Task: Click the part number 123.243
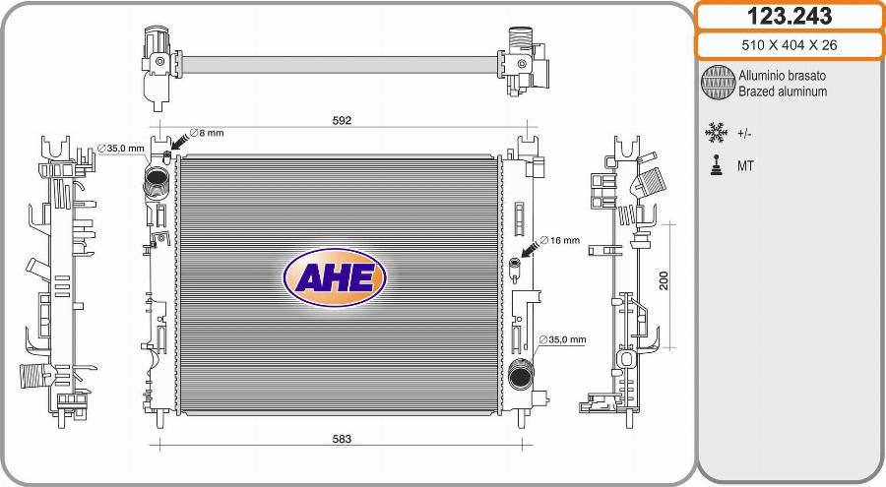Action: [x=790, y=16]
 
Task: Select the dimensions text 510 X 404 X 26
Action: [x=790, y=44]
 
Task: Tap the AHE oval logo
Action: [x=335, y=276]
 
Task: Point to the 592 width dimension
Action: [x=342, y=120]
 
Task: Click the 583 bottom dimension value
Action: [x=342, y=439]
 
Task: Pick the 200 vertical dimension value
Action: [x=664, y=280]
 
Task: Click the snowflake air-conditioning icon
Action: [x=716, y=132]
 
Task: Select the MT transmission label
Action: [x=745, y=166]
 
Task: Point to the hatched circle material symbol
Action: [x=718, y=83]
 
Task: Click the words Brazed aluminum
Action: [x=783, y=91]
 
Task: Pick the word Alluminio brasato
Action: [x=782, y=76]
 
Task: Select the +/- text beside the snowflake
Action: [x=744, y=133]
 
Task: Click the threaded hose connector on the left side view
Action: [x=35, y=376]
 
